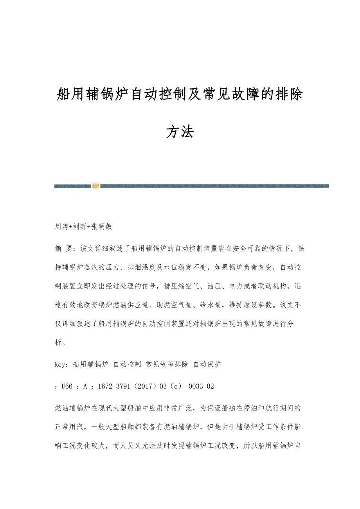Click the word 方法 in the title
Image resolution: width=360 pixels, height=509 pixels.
[x=180, y=132]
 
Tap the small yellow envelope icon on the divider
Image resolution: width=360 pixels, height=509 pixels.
[x=95, y=186]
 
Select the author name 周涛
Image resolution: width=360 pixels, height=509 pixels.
[x=62, y=226]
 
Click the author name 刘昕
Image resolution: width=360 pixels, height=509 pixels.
[x=80, y=226]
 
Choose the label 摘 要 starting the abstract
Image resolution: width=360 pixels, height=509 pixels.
[x=64, y=248]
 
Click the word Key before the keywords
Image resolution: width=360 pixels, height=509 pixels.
[x=61, y=364]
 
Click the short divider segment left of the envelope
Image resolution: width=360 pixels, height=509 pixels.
[x=73, y=186]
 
